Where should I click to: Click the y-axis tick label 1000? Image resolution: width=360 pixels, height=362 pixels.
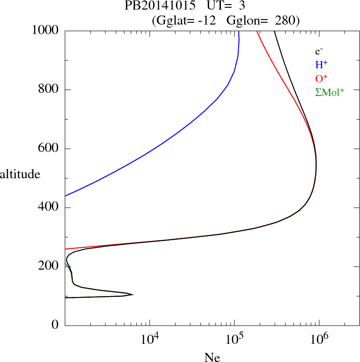point(45,31)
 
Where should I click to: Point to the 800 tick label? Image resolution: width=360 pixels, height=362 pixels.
point(49,90)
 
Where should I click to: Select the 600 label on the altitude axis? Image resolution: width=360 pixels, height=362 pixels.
point(49,149)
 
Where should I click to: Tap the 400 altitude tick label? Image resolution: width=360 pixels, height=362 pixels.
point(49,208)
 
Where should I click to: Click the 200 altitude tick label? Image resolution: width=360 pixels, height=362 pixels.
point(49,266)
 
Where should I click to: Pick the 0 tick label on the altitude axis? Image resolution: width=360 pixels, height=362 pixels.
point(55,325)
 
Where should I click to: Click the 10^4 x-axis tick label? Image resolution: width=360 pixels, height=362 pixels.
point(150,339)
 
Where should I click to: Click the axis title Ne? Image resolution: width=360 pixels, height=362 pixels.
point(212,357)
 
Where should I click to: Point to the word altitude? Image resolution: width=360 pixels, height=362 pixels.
point(20,174)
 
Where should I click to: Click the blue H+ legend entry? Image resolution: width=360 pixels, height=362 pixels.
point(321,65)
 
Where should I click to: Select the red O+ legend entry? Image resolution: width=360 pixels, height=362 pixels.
point(321,78)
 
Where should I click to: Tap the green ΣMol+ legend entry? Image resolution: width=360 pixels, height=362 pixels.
point(330,92)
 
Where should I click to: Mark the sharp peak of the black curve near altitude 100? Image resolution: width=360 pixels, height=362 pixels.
point(132,295)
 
